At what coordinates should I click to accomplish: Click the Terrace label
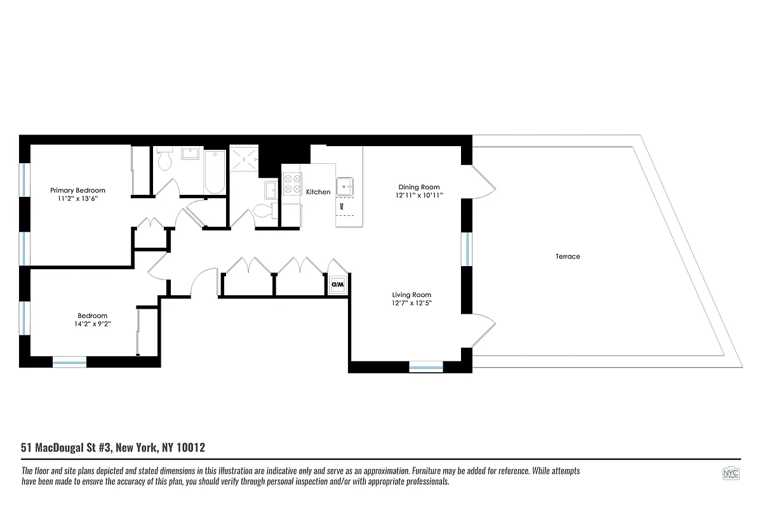point(568,257)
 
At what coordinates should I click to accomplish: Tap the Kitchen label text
point(318,192)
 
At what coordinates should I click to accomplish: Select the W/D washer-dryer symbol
point(337,285)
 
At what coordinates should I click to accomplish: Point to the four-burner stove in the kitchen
point(292,184)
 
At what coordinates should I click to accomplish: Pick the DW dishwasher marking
point(342,206)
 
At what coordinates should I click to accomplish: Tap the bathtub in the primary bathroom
point(215,171)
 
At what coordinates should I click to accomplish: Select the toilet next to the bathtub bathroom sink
point(164,161)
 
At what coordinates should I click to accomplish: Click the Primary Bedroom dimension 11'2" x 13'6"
point(78,199)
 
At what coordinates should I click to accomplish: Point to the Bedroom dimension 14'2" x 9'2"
point(92,324)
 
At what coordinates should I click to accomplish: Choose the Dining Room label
point(419,187)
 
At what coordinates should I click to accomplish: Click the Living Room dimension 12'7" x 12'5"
point(411,303)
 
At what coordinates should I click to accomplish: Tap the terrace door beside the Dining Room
point(483,181)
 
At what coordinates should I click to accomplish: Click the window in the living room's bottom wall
point(425,366)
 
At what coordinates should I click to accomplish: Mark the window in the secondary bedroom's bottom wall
point(69,363)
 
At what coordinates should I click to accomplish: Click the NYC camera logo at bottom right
point(730,474)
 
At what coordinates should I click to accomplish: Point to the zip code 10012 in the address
point(190,448)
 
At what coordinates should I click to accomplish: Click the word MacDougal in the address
point(61,448)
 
